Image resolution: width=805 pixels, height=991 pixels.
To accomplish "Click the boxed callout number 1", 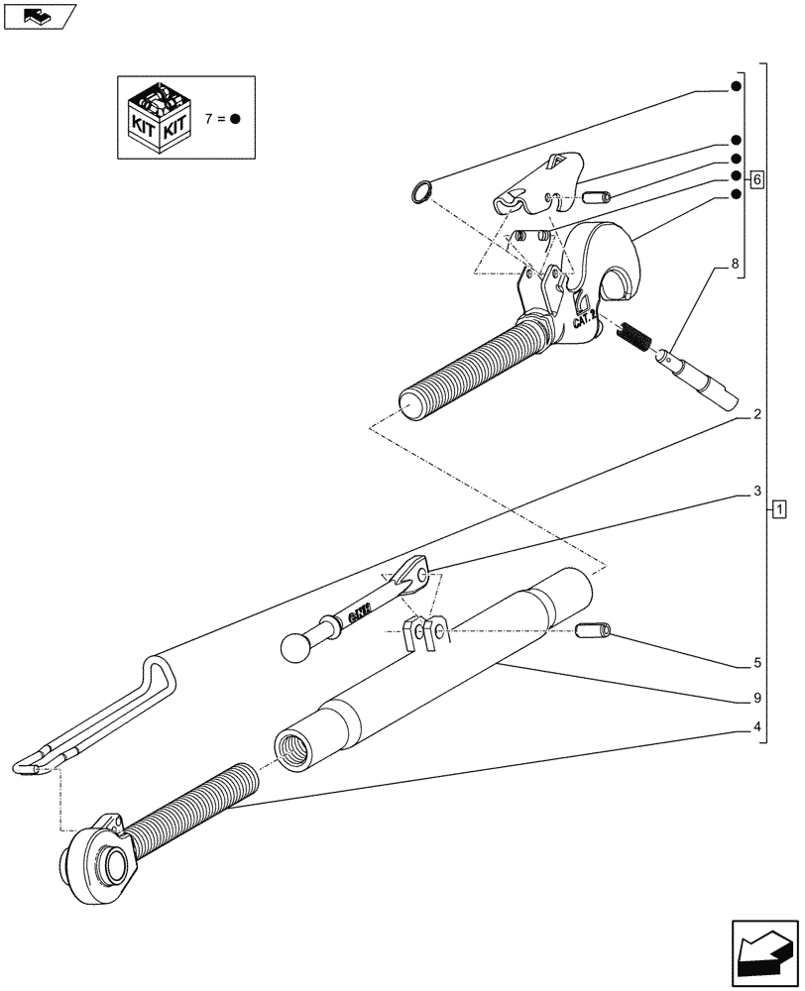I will pos(780,509).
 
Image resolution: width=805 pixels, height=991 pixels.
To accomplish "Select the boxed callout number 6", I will pos(756,179).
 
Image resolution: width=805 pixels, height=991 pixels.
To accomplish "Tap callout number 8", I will pos(735,265).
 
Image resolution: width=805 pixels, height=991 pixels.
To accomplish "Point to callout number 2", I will pos(756,415).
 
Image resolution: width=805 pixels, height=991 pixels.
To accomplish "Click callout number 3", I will pos(756,491).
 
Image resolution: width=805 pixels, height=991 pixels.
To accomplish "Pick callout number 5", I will pos(756,664).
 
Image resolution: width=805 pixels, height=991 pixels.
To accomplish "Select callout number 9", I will pos(756,698).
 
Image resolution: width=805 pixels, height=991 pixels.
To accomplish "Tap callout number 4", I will pos(756,730).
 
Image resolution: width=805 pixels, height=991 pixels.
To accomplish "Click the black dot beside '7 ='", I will pos(235,119).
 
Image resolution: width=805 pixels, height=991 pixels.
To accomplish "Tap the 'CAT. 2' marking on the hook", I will pos(584,318).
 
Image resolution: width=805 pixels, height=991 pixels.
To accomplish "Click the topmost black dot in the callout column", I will pos(736,87).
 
